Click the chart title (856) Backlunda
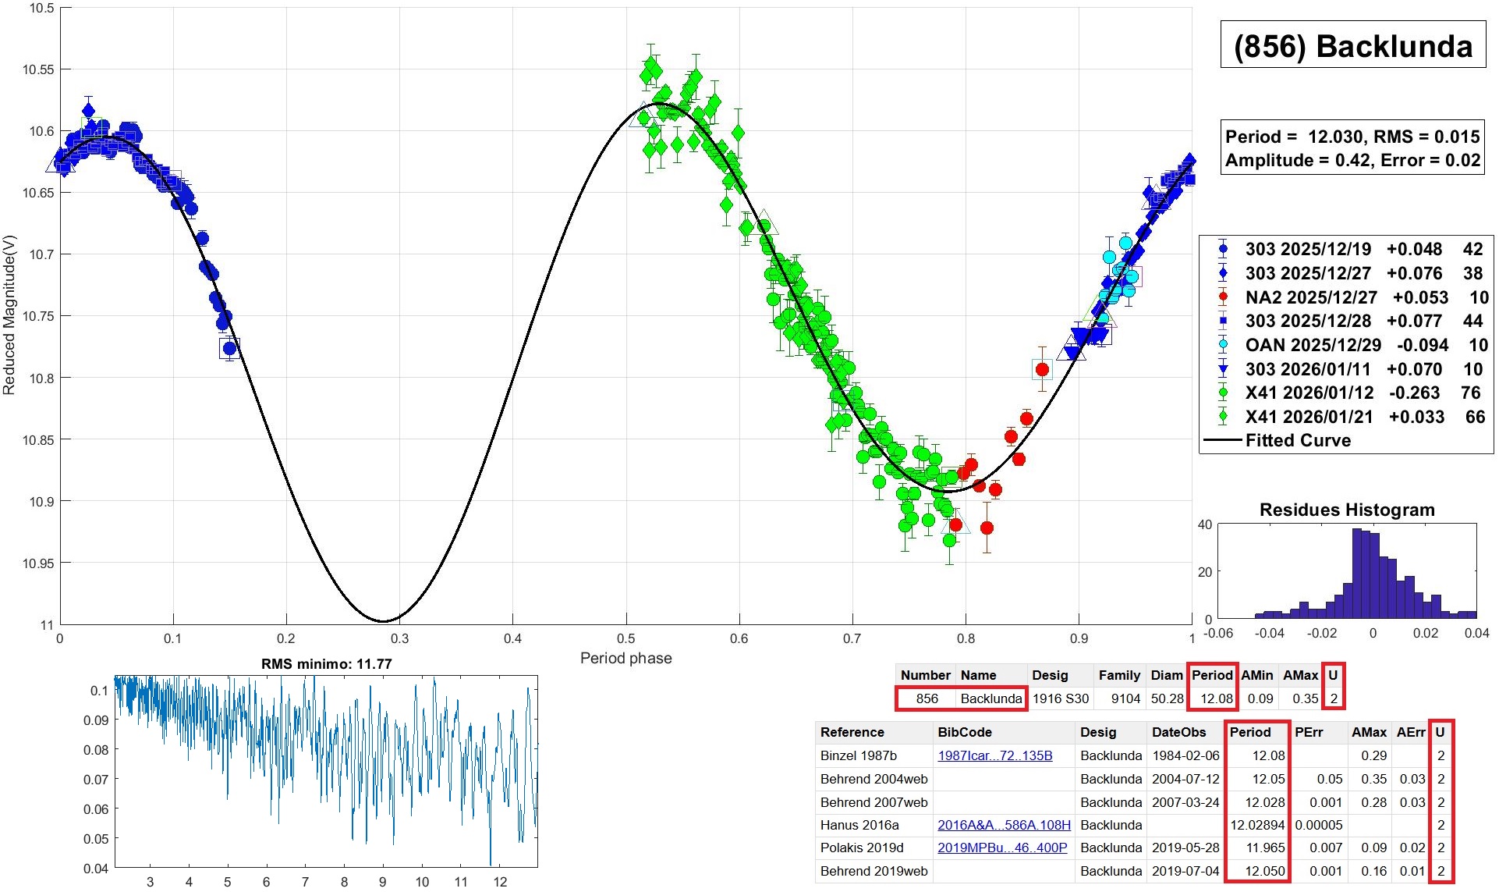[x=1353, y=47]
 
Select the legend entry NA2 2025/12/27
[x=1310, y=297]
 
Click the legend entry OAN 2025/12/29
[x=1313, y=345]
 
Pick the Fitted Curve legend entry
[x=1298, y=440]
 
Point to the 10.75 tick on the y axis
[x=38, y=316]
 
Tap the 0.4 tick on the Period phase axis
[x=512, y=638]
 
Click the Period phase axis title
[x=625, y=658]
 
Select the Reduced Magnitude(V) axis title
[x=9, y=315]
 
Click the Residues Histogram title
[x=1347, y=510]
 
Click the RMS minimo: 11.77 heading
[x=326, y=664]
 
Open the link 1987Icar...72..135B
[x=994, y=755]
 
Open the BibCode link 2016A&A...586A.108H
[x=1004, y=825]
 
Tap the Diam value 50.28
[x=1167, y=698]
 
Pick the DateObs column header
[x=1178, y=732]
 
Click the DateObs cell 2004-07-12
[x=1185, y=779]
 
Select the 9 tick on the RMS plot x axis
[x=383, y=882]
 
